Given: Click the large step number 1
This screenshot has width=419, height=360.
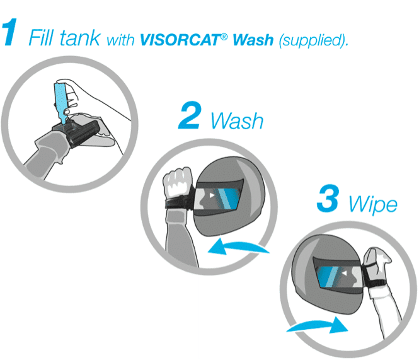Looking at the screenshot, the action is pos(9,32).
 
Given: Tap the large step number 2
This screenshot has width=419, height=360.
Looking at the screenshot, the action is pos(190,115).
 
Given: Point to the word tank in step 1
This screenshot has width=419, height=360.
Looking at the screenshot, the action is pos(80,38).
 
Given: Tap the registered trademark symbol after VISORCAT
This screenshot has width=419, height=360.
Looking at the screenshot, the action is pos(224,37).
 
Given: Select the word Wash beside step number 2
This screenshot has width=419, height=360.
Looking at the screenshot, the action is pos(237,121).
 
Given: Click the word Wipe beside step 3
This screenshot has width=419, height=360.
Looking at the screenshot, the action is pos(373,205).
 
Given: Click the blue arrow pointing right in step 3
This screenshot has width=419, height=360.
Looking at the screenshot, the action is pos(318,325).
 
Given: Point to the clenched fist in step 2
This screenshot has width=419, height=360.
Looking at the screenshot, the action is pos(178,182).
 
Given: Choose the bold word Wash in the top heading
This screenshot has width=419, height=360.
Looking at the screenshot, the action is pos(253,40).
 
